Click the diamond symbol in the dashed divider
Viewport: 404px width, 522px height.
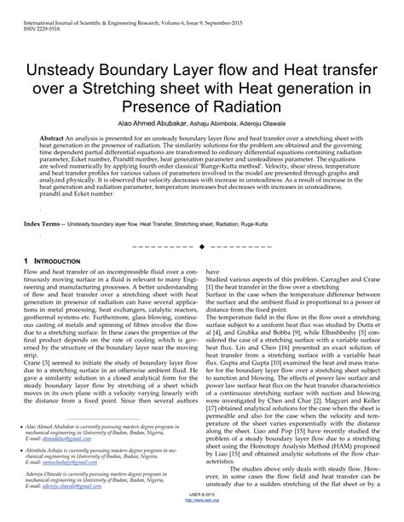coord(201,247)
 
